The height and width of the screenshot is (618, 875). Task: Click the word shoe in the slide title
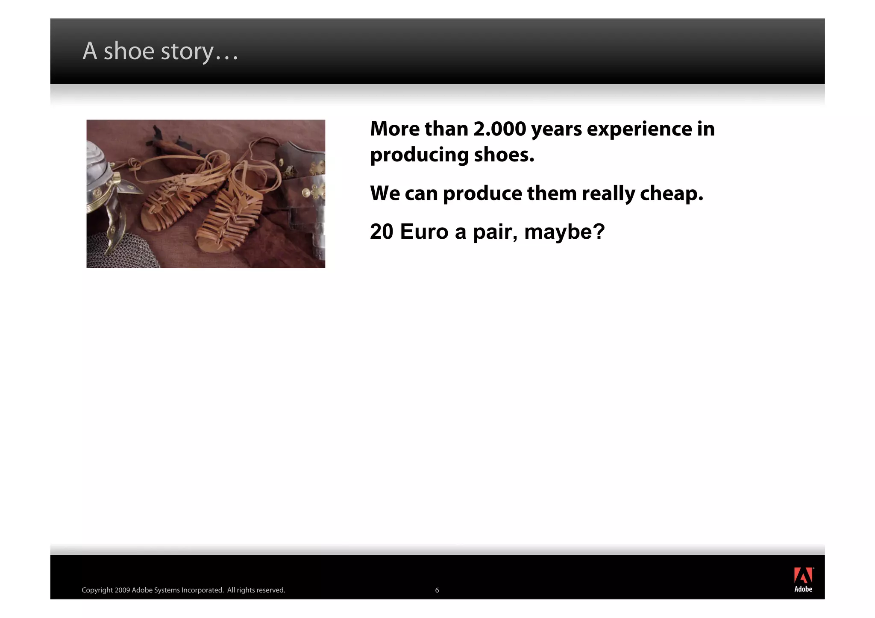tap(129, 51)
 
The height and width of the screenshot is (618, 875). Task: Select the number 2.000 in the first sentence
tap(499, 129)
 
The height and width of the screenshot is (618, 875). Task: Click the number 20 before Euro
tap(382, 232)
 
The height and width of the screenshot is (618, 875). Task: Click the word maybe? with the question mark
tap(564, 232)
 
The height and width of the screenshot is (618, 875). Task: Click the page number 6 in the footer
tap(437, 590)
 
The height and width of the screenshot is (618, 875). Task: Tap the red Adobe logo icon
tap(803, 575)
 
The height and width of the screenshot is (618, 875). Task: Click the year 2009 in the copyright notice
tap(122, 590)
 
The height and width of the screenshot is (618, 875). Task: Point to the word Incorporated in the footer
tap(202, 590)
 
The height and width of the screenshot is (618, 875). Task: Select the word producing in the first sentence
tap(419, 155)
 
